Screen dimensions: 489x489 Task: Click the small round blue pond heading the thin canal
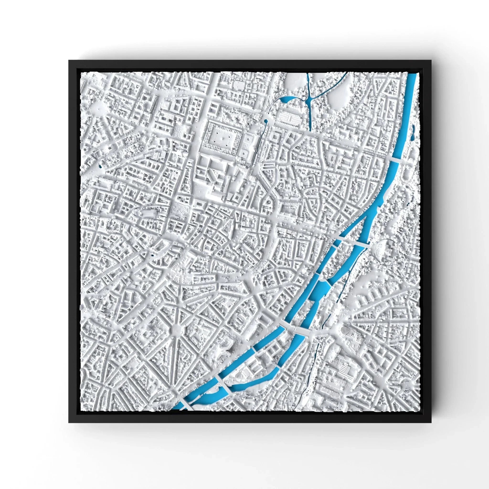(266, 121)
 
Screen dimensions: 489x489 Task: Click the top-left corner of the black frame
(69, 60)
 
